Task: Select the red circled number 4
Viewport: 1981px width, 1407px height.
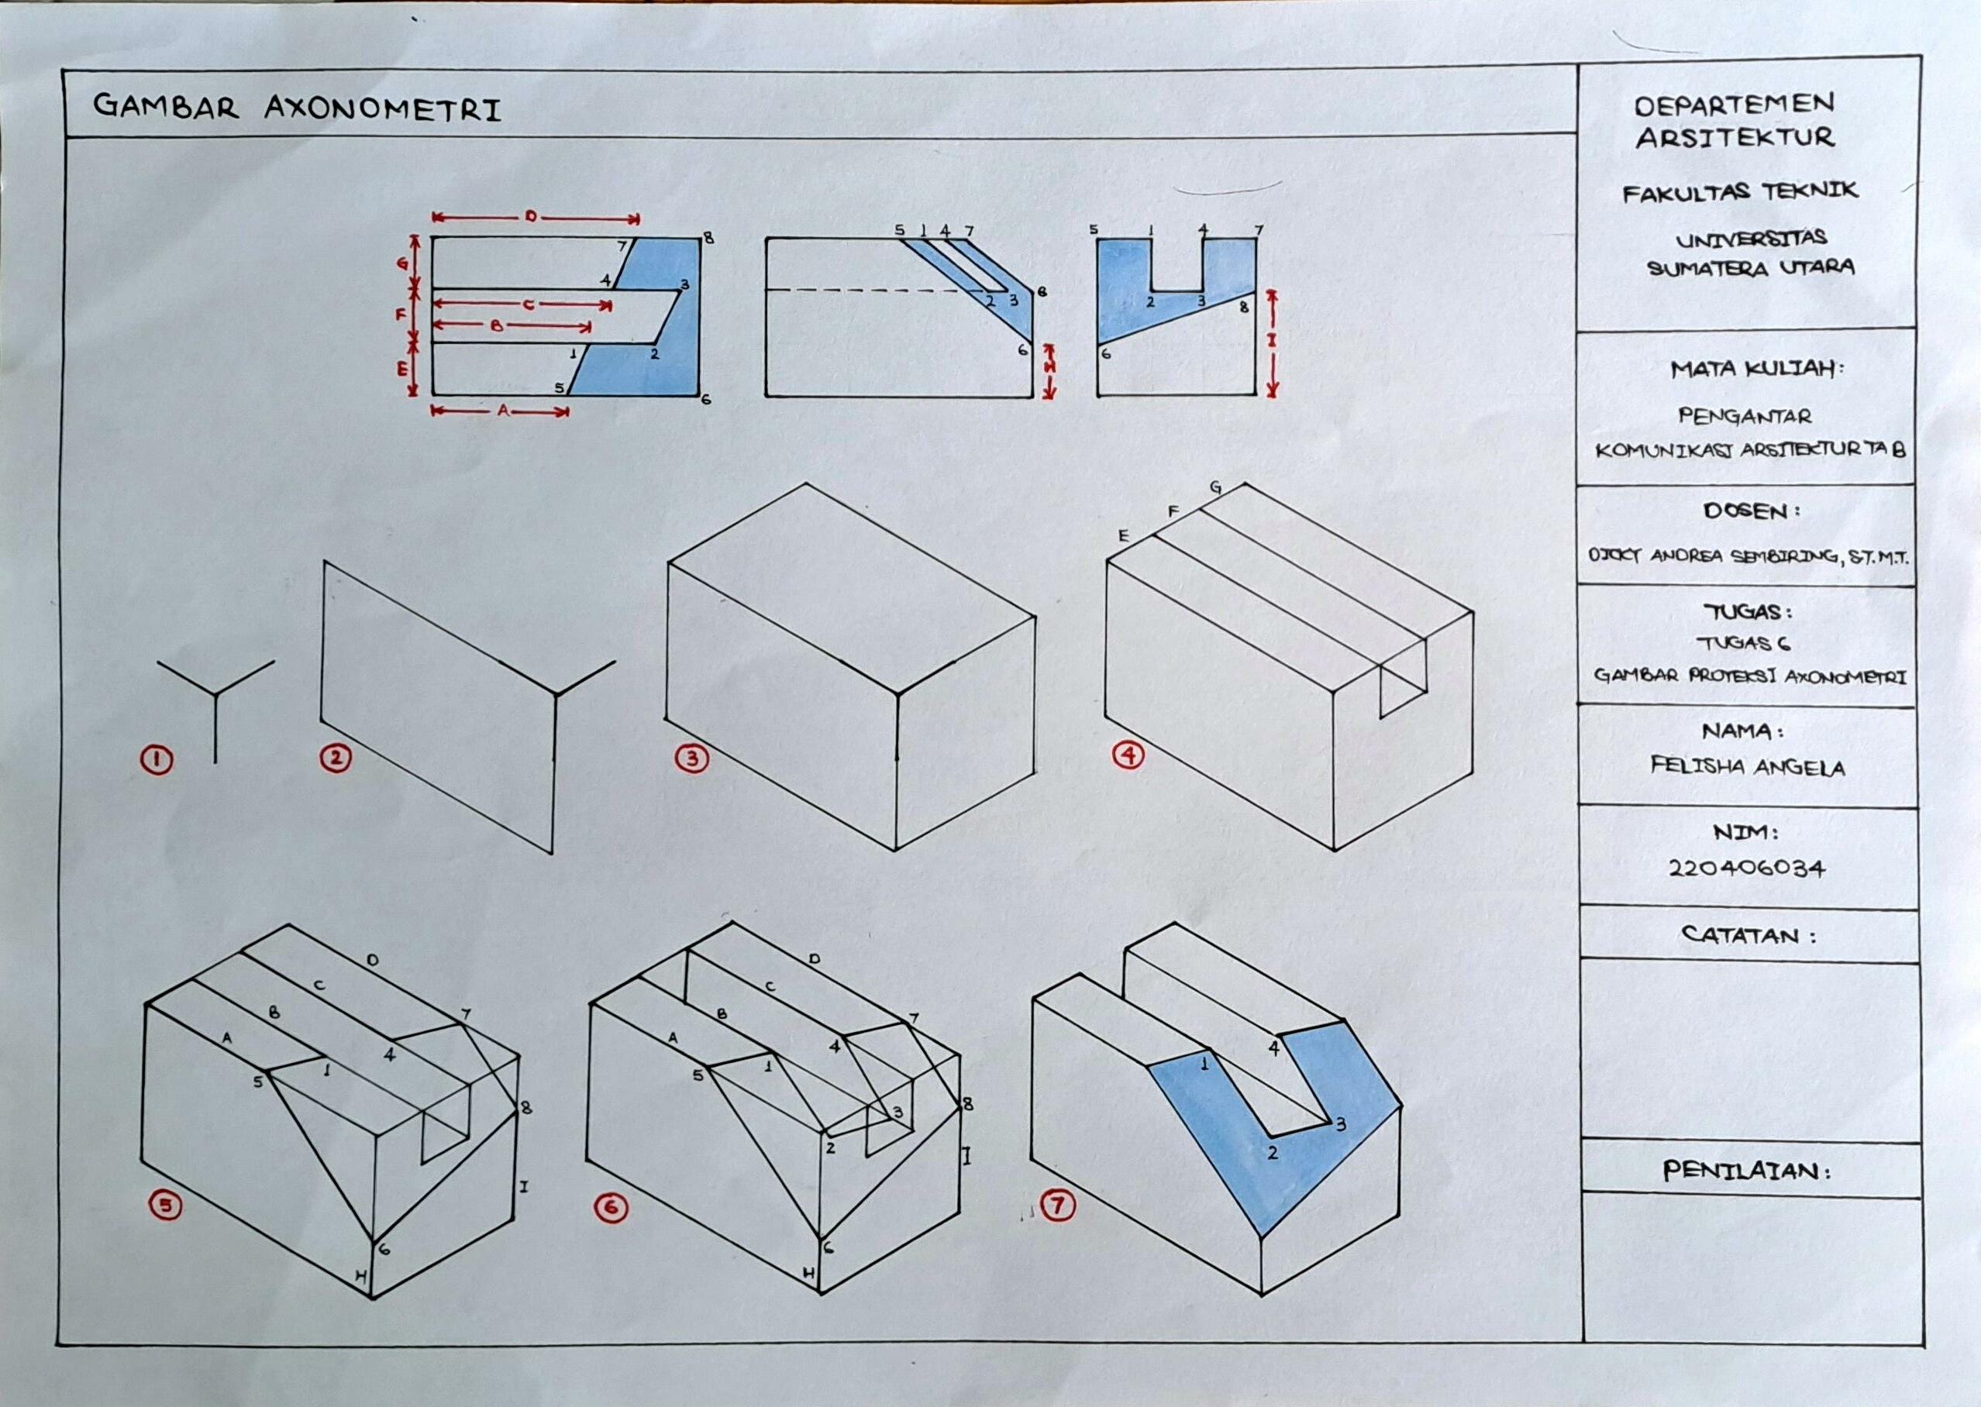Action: [1128, 755]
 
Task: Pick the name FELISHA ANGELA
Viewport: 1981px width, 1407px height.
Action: [1746, 767]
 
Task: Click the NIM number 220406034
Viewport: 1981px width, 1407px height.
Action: [1746, 867]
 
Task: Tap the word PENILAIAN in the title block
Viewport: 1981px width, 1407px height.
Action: [1745, 1171]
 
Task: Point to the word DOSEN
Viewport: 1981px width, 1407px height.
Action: [1748, 511]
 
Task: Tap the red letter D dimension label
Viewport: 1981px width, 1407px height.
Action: [530, 217]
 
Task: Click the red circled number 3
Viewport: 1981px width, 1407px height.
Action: [692, 759]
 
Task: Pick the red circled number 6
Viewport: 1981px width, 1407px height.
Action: [612, 1209]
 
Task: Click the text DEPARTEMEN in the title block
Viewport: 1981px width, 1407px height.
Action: [1734, 105]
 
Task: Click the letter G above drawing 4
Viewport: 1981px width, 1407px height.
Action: [1216, 488]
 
